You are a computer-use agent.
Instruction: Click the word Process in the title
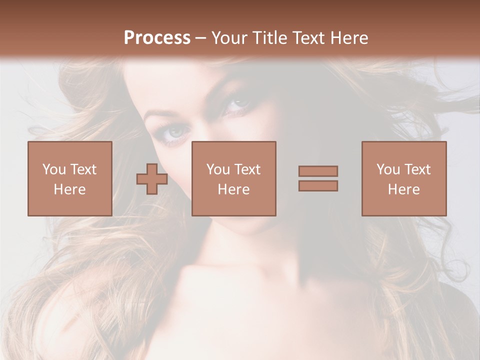click(x=157, y=38)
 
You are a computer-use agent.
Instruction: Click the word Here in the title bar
click(x=349, y=38)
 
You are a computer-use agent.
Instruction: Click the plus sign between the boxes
click(x=152, y=179)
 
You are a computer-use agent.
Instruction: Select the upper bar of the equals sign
click(x=318, y=171)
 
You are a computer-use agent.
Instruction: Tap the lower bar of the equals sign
click(x=318, y=185)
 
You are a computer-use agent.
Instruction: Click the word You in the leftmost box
click(x=53, y=169)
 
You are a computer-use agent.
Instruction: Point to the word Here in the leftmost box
click(x=69, y=189)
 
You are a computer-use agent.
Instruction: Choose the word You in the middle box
click(x=218, y=169)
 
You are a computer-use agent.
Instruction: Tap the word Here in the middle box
click(x=233, y=189)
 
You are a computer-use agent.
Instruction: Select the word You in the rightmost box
click(x=388, y=169)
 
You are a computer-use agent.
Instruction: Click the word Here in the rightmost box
click(x=403, y=189)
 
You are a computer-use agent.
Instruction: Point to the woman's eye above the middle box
click(x=239, y=104)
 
